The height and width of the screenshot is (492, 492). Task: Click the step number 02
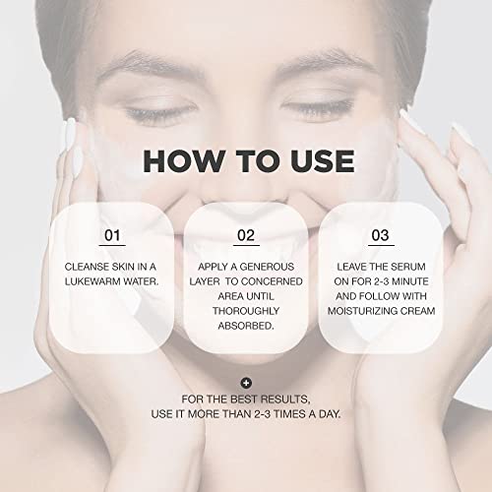click(246, 236)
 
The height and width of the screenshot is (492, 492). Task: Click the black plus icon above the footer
click(246, 383)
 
